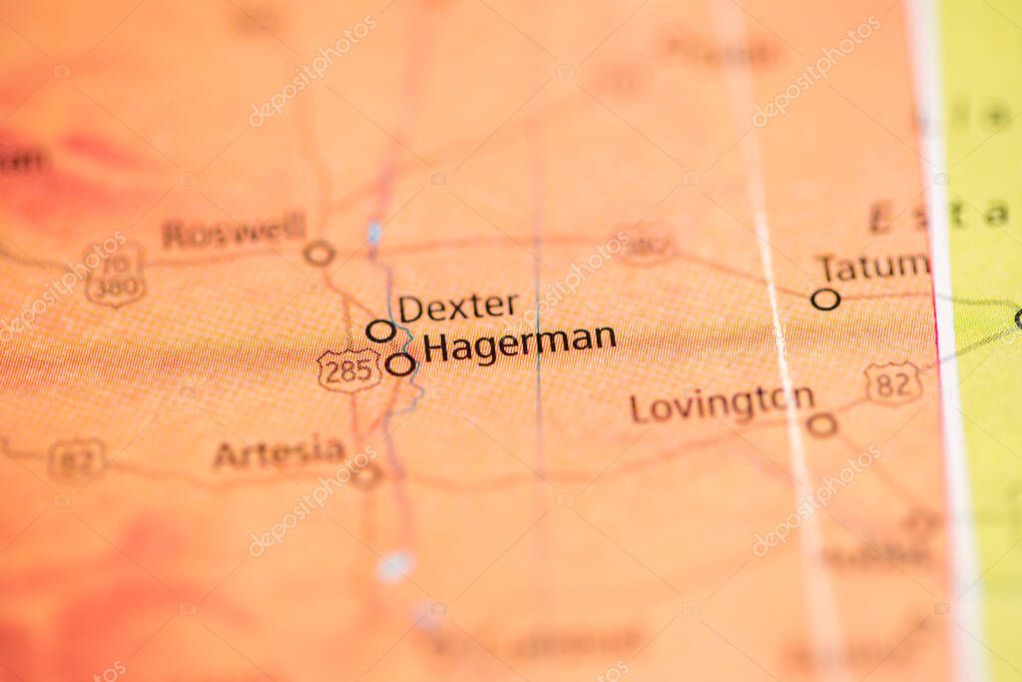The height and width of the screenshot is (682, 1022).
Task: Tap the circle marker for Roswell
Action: [318, 254]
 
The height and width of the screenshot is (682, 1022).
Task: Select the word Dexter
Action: [458, 307]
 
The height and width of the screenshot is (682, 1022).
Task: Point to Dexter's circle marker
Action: [379, 331]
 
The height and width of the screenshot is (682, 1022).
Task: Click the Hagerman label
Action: [519, 344]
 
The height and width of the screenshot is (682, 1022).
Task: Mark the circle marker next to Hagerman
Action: [400, 364]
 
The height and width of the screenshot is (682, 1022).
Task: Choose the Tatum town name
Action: [872, 268]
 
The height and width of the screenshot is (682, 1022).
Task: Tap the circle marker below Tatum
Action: [825, 299]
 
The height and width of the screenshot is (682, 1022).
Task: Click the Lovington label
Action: [722, 403]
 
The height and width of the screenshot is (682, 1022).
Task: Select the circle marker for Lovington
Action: [821, 425]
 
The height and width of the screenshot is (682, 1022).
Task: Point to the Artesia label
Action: [278, 453]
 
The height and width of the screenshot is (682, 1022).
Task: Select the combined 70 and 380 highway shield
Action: [115, 276]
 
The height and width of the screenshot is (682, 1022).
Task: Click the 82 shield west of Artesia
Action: [77, 460]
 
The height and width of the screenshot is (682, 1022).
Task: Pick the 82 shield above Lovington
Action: [892, 383]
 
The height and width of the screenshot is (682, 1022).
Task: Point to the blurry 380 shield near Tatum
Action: [646, 243]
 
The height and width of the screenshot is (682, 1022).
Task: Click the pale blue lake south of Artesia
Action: [395, 565]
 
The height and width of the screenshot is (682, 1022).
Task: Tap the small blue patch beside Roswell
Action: [374, 234]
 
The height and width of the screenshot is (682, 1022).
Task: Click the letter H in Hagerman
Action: [434, 349]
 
